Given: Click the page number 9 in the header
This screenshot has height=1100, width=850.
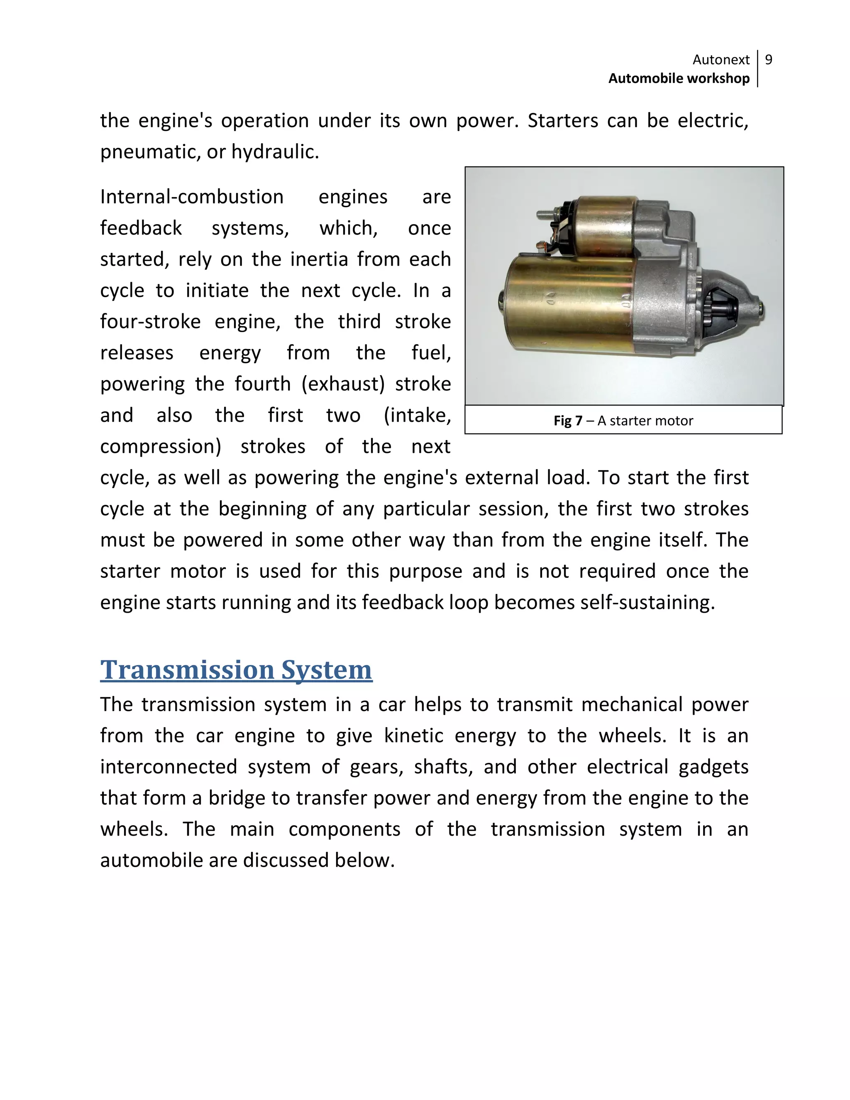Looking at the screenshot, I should click(768, 60).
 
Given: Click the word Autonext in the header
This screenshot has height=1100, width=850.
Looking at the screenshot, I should click(721, 60).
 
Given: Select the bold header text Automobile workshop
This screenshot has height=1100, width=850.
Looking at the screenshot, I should click(679, 78).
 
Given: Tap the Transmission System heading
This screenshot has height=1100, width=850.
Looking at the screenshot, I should click(236, 670).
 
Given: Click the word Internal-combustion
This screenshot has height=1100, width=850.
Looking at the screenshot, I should click(192, 197).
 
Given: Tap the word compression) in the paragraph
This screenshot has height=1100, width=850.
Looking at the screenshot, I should click(161, 447).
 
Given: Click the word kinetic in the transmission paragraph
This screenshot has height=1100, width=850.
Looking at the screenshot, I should click(413, 736).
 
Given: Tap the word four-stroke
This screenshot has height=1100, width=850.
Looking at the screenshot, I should click(150, 322).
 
